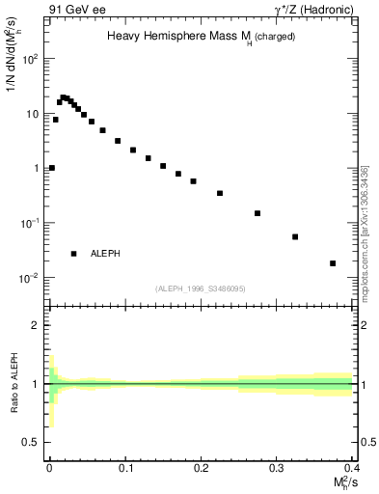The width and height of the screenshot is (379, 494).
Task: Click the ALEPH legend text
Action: pos(106,254)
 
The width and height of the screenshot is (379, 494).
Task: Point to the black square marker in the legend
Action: pos(73,254)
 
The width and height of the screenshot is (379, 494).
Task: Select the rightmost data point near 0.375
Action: pos(333,263)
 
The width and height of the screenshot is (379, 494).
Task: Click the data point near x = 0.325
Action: pos(295,236)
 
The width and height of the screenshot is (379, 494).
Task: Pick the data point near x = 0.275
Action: pos(257,213)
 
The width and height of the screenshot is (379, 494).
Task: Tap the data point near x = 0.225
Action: pos(220,193)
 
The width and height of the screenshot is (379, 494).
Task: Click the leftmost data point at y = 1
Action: pos(52,168)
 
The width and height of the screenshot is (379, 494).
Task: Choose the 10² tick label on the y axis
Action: pos(29,59)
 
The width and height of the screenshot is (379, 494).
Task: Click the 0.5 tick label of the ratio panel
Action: pos(32,442)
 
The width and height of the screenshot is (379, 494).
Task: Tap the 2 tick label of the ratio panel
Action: pos(35,325)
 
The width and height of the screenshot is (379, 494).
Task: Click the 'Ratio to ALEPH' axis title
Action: pos(13,384)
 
